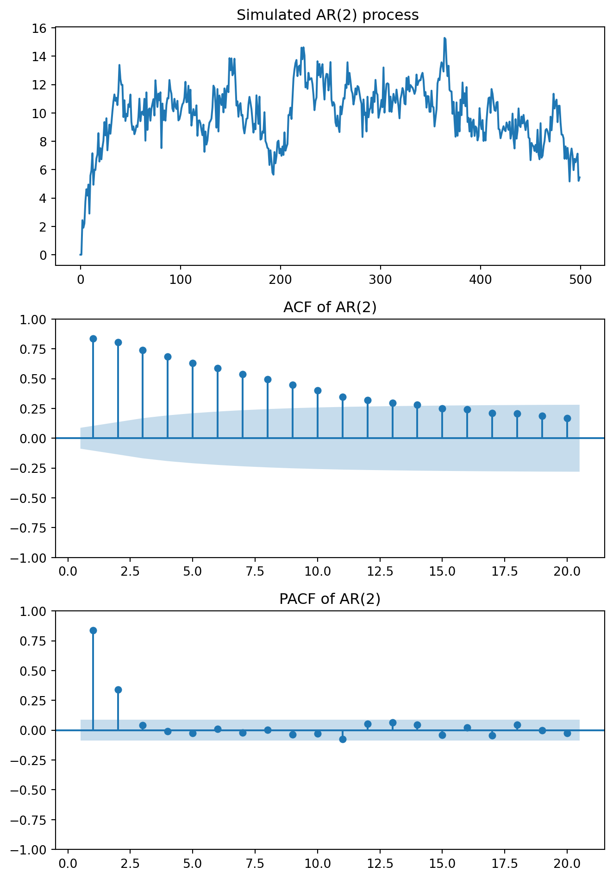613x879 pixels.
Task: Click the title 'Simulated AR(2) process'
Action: click(x=327, y=15)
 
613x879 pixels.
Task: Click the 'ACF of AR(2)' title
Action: click(x=330, y=307)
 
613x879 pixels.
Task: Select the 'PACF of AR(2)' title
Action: click(x=330, y=599)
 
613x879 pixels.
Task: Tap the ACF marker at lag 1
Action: click(x=93, y=339)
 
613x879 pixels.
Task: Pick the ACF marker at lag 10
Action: click(x=318, y=390)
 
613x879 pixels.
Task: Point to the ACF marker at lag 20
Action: click(x=567, y=418)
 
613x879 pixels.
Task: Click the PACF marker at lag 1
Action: click(x=93, y=630)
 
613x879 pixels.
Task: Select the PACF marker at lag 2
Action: click(x=118, y=690)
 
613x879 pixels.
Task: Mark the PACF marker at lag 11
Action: click(x=343, y=739)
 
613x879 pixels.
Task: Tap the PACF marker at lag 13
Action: click(x=393, y=722)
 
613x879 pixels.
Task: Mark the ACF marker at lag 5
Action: click(x=193, y=363)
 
